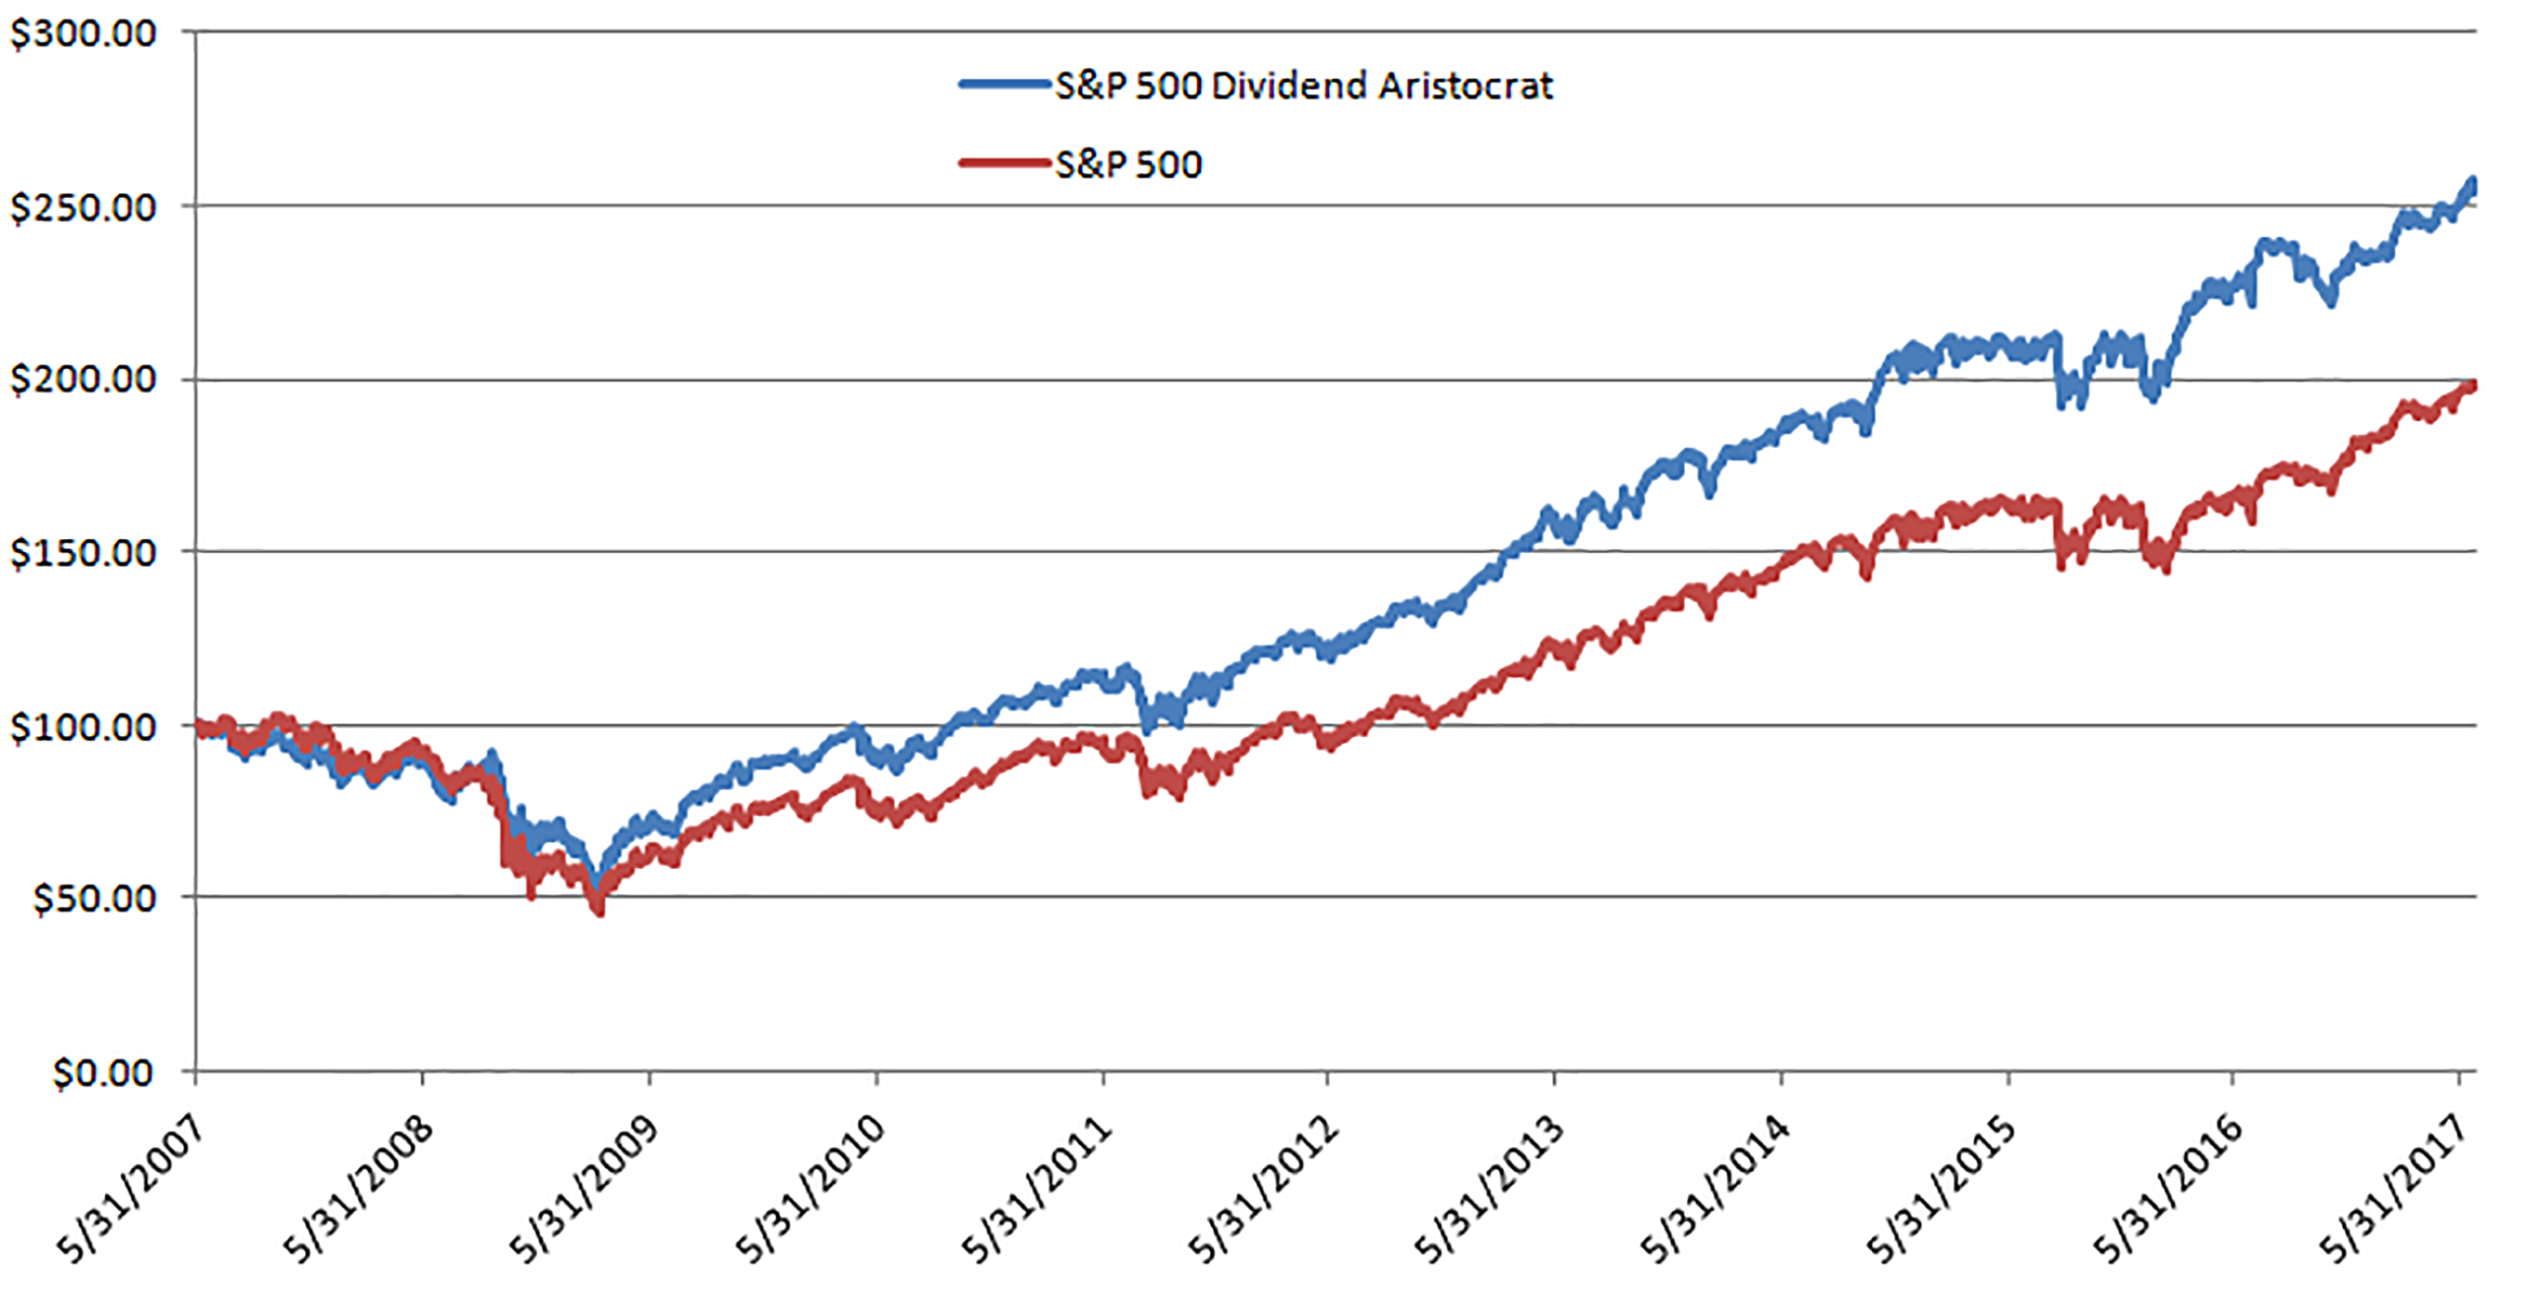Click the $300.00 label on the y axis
pyautogui.click(x=83, y=34)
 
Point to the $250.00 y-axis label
pyautogui.click(x=83, y=208)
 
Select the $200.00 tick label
pyautogui.click(x=83, y=379)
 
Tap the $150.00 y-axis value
pyautogui.click(x=83, y=553)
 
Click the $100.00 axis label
pyautogui.click(x=83, y=727)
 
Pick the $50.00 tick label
pyautogui.click(x=95, y=899)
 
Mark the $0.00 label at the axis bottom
pyautogui.click(x=103, y=1073)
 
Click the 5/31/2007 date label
pyautogui.click(x=131, y=1189)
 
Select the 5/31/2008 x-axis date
pyautogui.click(x=359, y=1189)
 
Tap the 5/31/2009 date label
pyautogui.click(x=585, y=1189)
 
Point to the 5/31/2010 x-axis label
pyautogui.click(x=811, y=1189)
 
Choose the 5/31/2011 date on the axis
pyautogui.click(x=1037, y=1189)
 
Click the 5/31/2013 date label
pyautogui.click(x=1488, y=1189)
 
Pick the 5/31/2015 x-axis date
pyautogui.click(x=1942, y=1189)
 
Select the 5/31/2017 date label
pyautogui.click(x=2392, y=1189)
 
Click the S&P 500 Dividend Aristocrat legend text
pyautogui.click(x=1303, y=86)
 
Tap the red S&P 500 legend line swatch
pyautogui.click(x=1003, y=163)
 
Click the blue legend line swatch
pyautogui.click(x=1003, y=85)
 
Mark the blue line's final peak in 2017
pyautogui.click(x=2472, y=182)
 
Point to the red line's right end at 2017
pyautogui.click(x=2472, y=385)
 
